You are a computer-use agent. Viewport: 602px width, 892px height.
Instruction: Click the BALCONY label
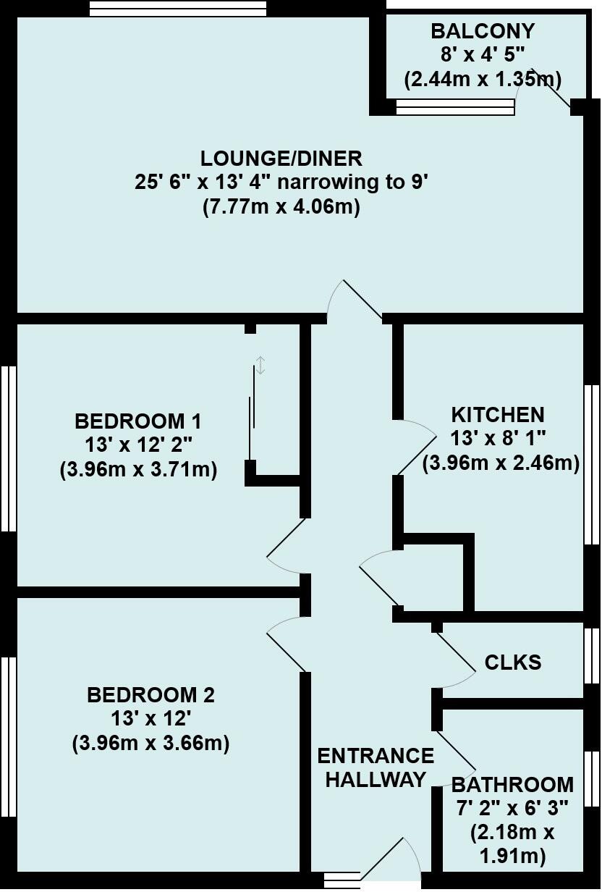click(483, 31)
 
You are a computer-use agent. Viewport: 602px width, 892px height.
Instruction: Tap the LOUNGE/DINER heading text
click(281, 158)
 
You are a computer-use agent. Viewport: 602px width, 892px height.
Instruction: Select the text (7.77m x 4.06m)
click(281, 207)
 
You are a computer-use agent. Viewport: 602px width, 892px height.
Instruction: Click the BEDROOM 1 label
click(138, 421)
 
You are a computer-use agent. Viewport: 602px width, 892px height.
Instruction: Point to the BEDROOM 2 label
click(150, 696)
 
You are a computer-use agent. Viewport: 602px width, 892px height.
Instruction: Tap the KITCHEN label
click(498, 415)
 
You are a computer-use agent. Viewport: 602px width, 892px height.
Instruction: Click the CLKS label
click(512, 662)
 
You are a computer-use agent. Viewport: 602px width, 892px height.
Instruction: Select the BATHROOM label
click(512, 784)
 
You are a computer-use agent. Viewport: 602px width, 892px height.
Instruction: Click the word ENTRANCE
click(376, 756)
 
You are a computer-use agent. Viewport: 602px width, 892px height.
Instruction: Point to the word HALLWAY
click(376, 780)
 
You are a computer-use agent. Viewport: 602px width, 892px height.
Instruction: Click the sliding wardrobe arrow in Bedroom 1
click(260, 365)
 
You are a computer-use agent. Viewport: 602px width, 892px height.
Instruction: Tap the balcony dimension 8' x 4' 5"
click(483, 54)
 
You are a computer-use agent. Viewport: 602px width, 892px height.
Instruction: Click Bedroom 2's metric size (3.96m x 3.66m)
click(150, 744)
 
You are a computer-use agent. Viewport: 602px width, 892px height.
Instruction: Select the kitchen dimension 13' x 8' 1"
click(498, 439)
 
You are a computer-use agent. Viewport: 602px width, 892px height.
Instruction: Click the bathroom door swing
click(456, 757)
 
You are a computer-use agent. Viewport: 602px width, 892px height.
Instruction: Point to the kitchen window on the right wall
click(592, 463)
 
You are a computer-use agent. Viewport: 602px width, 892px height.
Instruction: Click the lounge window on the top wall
click(178, 9)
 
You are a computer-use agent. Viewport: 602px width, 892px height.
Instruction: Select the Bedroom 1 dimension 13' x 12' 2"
click(138, 445)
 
